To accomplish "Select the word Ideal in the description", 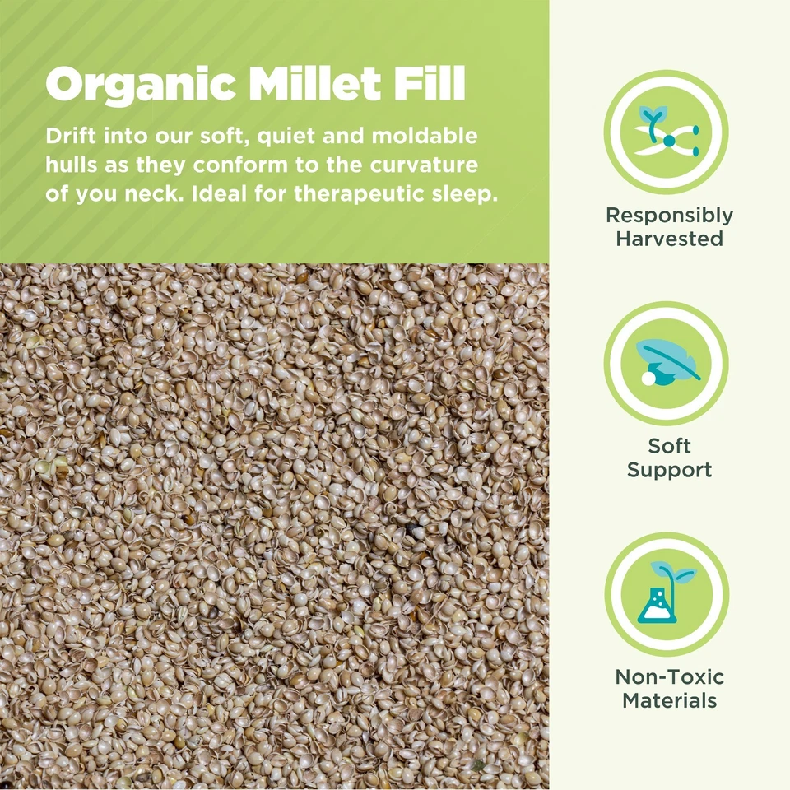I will tap(217, 195).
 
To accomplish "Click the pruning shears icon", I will tap(667, 132).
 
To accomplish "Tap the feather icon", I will tap(667, 363).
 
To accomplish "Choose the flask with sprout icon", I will tap(667, 593).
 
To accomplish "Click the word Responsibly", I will tap(669, 216).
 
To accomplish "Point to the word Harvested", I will tap(669, 239).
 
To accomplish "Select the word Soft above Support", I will tap(669, 447).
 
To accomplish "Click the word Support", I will tap(669, 471).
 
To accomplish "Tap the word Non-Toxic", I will tap(669, 677).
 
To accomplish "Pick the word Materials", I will tap(669, 701).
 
